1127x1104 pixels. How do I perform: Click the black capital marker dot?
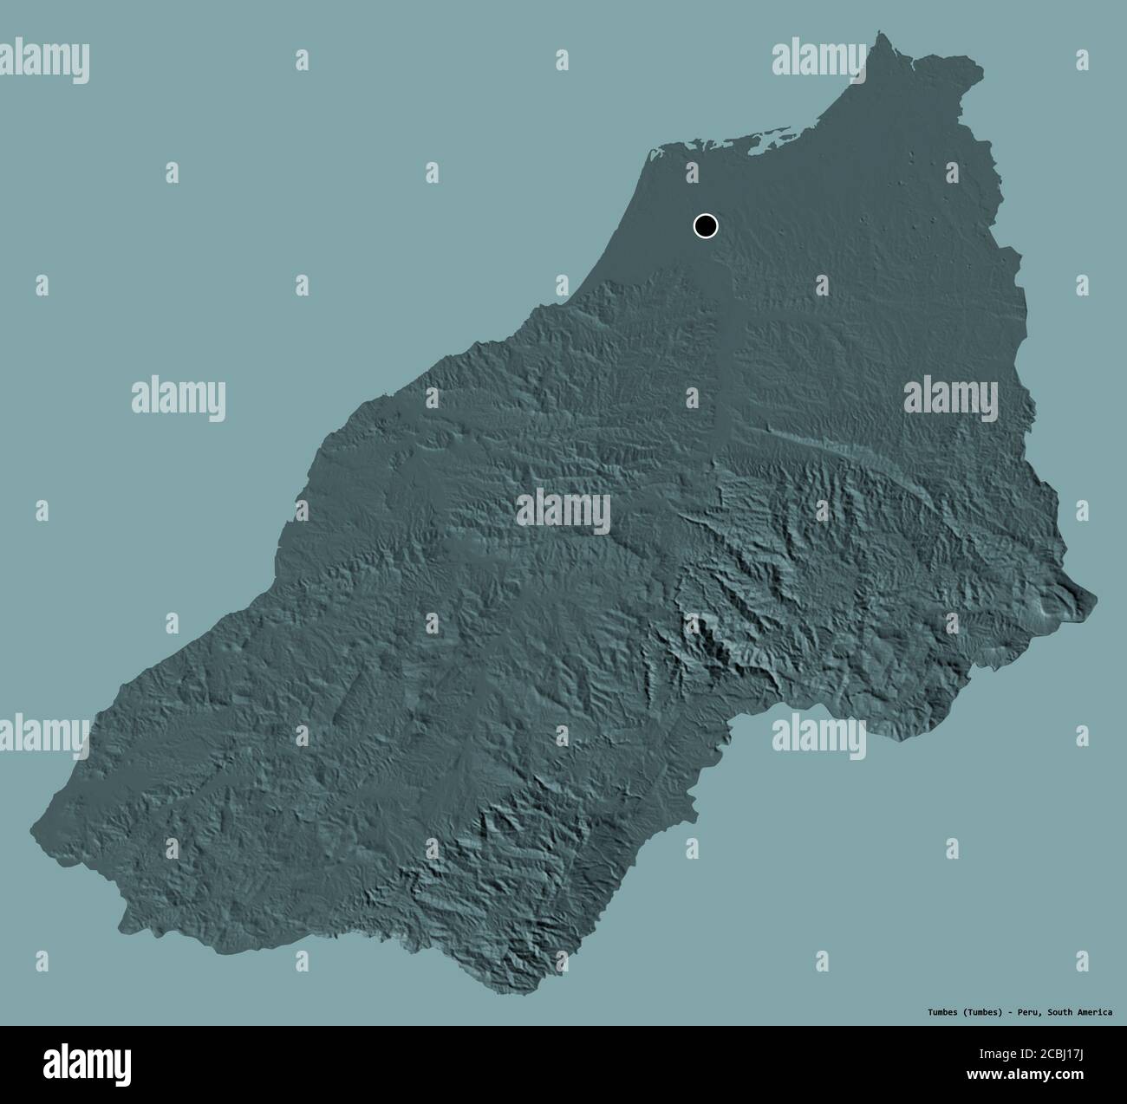[706, 226]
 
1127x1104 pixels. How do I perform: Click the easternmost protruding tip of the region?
[1093, 596]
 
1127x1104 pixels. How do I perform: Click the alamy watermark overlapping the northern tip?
[818, 60]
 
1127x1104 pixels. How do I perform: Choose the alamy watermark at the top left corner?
[45, 60]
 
